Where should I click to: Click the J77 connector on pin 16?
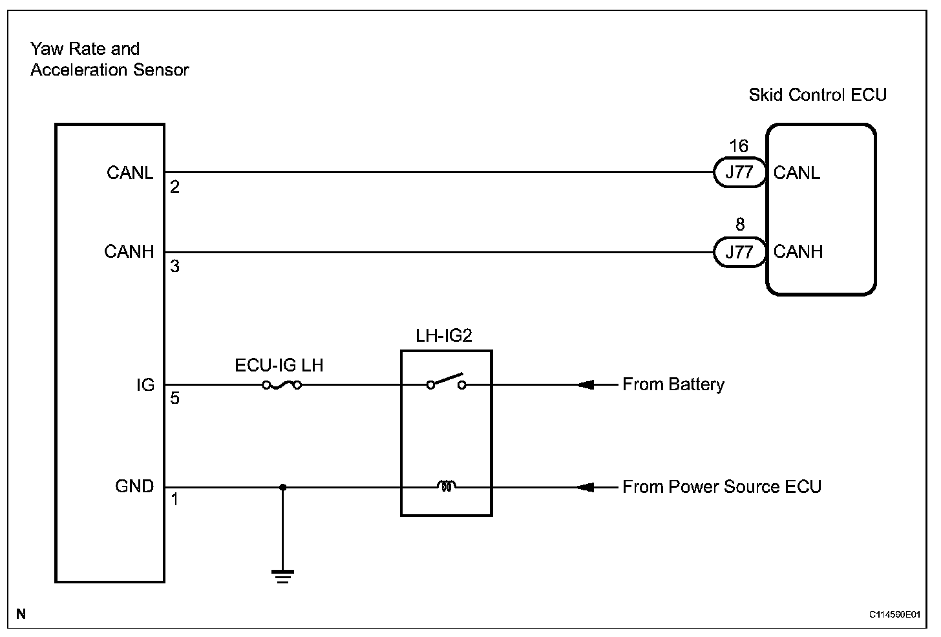740,172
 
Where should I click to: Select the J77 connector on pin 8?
740,253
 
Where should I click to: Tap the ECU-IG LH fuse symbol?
282,385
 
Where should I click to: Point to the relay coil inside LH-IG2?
447,486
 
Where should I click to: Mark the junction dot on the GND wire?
282,488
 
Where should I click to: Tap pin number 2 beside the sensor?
174,187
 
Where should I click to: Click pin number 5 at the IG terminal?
174,398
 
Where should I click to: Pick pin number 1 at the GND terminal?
174,499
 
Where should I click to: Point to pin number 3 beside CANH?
174,266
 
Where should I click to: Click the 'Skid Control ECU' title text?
818,95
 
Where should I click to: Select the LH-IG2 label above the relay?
444,335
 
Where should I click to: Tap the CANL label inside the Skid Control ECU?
796,172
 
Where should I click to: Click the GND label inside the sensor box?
134,486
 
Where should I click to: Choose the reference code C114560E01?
894,614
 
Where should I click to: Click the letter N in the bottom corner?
21,614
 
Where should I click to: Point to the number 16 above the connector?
739,146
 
